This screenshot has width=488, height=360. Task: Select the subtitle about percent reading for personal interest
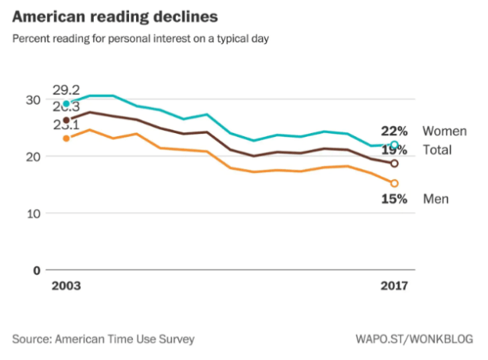point(141,38)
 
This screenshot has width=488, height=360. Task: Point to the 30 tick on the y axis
point(32,100)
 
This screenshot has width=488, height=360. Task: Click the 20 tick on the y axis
point(32,157)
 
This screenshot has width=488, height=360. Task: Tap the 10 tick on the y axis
point(32,213)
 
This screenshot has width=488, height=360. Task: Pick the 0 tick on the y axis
point(36,270)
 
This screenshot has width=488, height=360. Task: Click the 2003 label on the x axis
point(66,287)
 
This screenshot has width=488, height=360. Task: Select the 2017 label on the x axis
point(393,287)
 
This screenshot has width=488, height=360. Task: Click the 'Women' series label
point(444,131)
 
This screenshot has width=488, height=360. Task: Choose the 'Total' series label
point(437,149)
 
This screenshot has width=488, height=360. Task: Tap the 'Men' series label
point(436,199)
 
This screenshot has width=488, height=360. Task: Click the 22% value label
point(393,131)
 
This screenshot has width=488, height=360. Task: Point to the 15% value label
point(393,199)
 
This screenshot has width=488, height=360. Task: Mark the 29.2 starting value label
point(67,90)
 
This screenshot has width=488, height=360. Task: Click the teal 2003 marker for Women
point(66,103)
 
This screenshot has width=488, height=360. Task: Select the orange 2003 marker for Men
point(66,139)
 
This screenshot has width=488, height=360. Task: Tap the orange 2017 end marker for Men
point(394,183)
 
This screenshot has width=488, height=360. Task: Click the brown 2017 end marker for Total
point(394,164)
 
